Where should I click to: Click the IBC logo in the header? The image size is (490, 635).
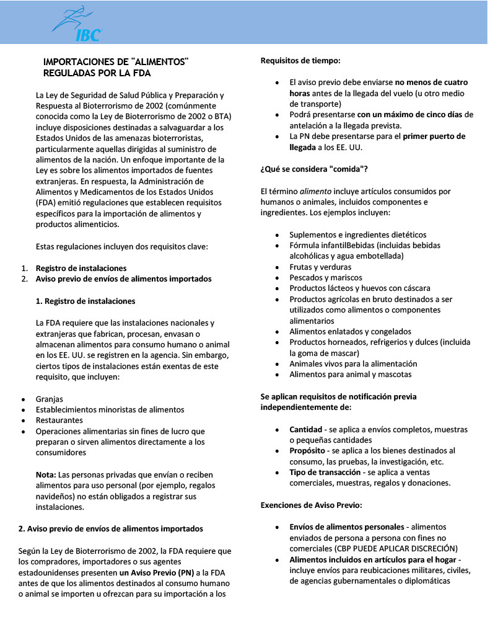pyautogui.click(x=77, y=24)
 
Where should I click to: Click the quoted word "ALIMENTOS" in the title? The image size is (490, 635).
pyautogui.click(x=160, y=61)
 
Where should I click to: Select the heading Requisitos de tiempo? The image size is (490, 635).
pyautogui.click(x=300, y=60)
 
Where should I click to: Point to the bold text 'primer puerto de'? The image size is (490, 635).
pyautogui.click(x=434, y=136)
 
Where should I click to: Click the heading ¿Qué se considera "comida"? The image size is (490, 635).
pyautogui.click(x=314, y=169)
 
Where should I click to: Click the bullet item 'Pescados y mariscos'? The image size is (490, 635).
pyautogui.click(x=326, y=278)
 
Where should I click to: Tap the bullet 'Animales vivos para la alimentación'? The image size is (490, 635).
pyautogui.click(x=353, y=364)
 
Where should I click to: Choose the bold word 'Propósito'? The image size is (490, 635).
pyautogui.click(x=308, y=451)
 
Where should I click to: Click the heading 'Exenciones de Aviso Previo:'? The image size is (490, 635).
pyautogui.click(x=311, y=505)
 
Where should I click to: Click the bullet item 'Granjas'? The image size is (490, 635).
pyautogui.click(x=50, y=399)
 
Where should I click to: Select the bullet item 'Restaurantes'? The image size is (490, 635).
pyautogui.click(x=59, y=420)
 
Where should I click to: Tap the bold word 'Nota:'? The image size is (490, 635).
pyautogui.click(x=46, y=474)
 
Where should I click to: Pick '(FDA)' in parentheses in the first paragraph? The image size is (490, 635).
pyautogui.click(x=47, y=203)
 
